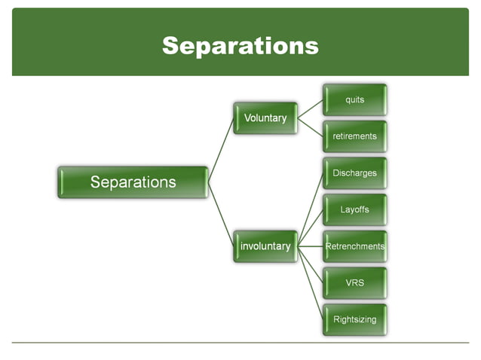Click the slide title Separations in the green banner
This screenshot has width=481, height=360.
[240, 46]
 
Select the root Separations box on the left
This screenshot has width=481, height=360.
[133, 182]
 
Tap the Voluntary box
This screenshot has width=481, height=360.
[265, 118]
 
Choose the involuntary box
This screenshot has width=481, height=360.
[265, 246]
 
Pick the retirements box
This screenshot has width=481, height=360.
[354, 136]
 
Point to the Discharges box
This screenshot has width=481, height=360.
[354, 173]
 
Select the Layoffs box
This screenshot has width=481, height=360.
[354, 209]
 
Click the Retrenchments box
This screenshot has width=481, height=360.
[354, 246]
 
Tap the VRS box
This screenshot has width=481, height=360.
[354, 282]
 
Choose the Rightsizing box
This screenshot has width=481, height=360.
[354, 319]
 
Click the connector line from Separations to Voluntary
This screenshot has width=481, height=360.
[221, 150]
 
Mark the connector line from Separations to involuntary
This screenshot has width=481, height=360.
[221, 214]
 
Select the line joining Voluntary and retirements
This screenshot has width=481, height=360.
[310, 127]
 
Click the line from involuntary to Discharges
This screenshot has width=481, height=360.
[311, 209]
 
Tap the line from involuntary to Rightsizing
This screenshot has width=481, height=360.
[311, 283]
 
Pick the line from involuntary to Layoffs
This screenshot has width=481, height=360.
[311, 227]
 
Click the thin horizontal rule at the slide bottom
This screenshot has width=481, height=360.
[240, 343]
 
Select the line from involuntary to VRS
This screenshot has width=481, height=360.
[311, 265]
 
